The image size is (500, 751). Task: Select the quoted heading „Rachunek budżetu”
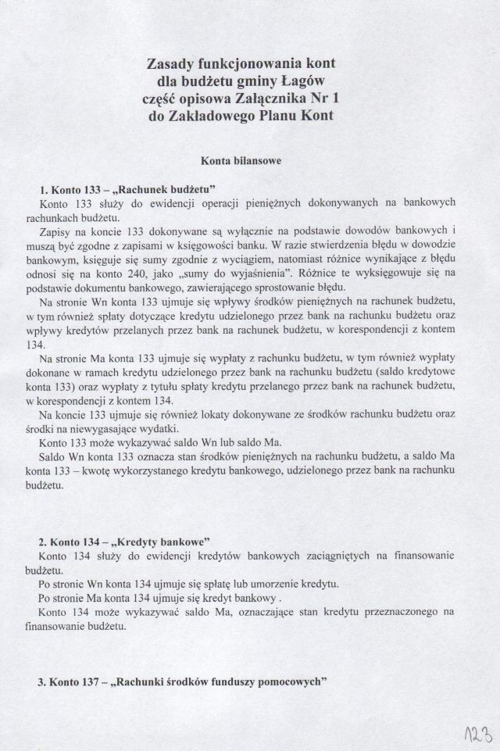click(162, 189)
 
